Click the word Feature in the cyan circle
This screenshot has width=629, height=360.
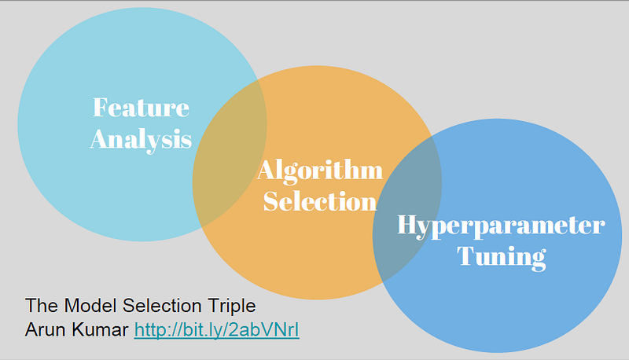point(141,107)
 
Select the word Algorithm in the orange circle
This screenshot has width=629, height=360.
point(320,169)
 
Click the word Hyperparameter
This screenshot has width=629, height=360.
point(501,226)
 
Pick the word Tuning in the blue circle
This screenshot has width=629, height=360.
point(501,256)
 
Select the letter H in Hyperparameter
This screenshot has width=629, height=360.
point(406,226)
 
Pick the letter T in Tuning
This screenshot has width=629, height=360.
point(465,256)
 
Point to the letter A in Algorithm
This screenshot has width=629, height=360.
point(266,169)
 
